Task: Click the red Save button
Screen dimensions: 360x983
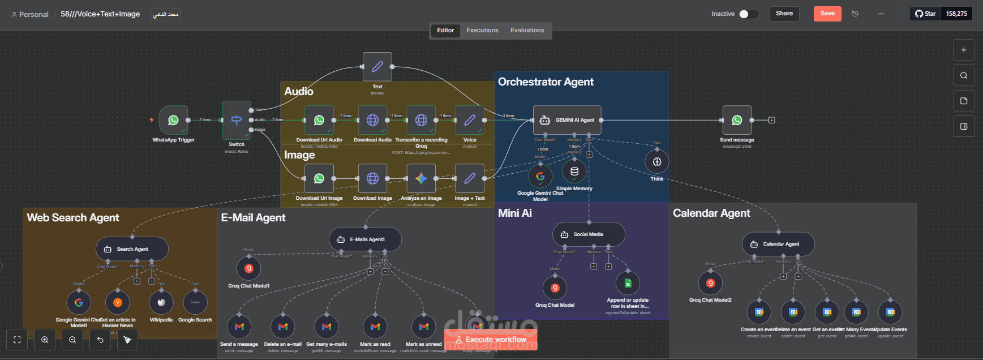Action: click(827, 14)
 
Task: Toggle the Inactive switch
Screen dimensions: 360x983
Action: click(748, 14)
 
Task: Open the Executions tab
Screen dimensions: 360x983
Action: click(482, 31)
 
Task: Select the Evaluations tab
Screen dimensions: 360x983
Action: click(527, 31)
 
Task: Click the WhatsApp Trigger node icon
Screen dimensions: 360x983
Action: click(173, 120)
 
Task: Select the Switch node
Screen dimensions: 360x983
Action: click(237, 120)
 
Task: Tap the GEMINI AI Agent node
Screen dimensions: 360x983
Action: click(567, 120)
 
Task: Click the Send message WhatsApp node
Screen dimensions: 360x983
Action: click(737, 120)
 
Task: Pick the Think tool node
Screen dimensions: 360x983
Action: click(657, 162)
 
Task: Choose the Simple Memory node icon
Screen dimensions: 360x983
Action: click(574, 172)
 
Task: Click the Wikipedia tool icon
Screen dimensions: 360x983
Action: click(161, 302)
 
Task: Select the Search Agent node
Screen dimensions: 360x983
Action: click(132, 249)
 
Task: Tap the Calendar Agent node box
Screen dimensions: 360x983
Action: click(778, 244)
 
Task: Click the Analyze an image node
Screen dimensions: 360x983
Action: click(421, 179)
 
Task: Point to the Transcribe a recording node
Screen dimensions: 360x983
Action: click(421, 120)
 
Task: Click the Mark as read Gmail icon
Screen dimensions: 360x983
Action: click(375, 327)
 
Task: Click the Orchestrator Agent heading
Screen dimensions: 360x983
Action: click(546, 82)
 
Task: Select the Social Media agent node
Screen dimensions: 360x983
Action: click(589, 234)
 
